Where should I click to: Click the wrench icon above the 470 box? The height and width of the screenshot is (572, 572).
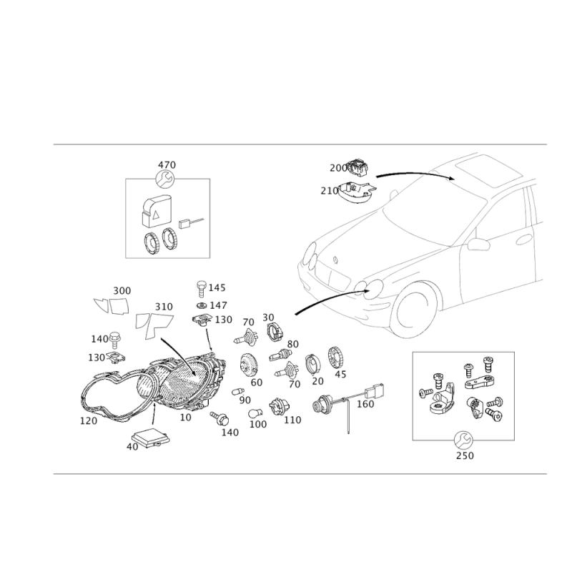coord(165,179)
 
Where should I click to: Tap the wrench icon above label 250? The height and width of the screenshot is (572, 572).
coord(463,440)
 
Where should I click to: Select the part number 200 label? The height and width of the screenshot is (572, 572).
coord(338,168)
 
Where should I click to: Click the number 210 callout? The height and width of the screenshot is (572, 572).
coord(330,191)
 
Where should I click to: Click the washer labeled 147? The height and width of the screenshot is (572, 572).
coord(202,305)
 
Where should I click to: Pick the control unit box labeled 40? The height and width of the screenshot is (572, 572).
coord(150,438)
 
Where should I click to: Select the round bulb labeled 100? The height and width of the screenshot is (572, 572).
coord(255,414)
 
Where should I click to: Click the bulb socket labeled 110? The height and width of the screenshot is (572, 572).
coord(279,407)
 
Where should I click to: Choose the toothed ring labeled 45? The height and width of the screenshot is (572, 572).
coord(336,357)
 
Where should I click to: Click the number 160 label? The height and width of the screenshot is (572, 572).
coord(365,404)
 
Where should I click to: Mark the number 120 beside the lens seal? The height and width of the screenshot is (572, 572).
coord(89,420)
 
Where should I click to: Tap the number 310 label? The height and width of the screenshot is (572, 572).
coord(164,307)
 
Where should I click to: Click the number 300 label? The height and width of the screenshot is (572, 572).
coord(122,291)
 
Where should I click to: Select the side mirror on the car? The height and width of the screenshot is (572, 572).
coord(478,244)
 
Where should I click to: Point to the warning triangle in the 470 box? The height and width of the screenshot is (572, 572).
coord(156,214)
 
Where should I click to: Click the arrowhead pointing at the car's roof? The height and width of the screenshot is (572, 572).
coord(452,177)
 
